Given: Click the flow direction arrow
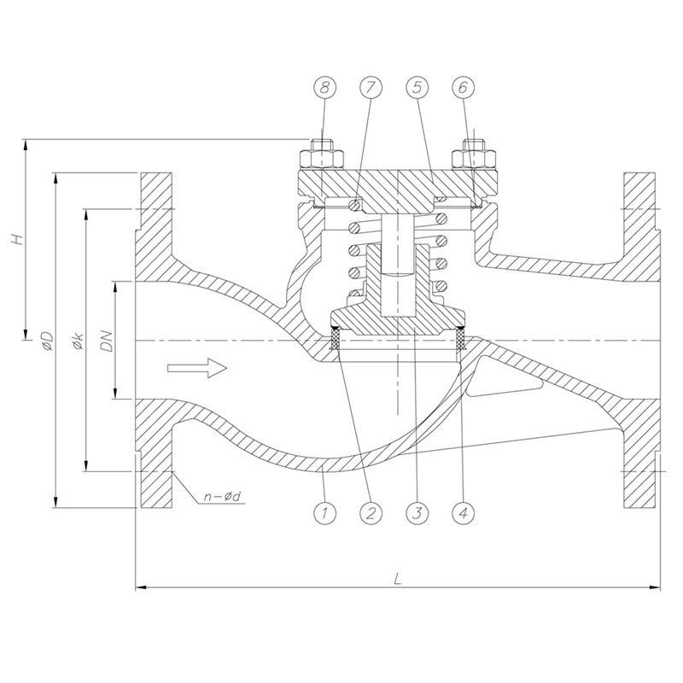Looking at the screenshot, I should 197,369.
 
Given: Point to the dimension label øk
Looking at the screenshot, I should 78,341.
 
